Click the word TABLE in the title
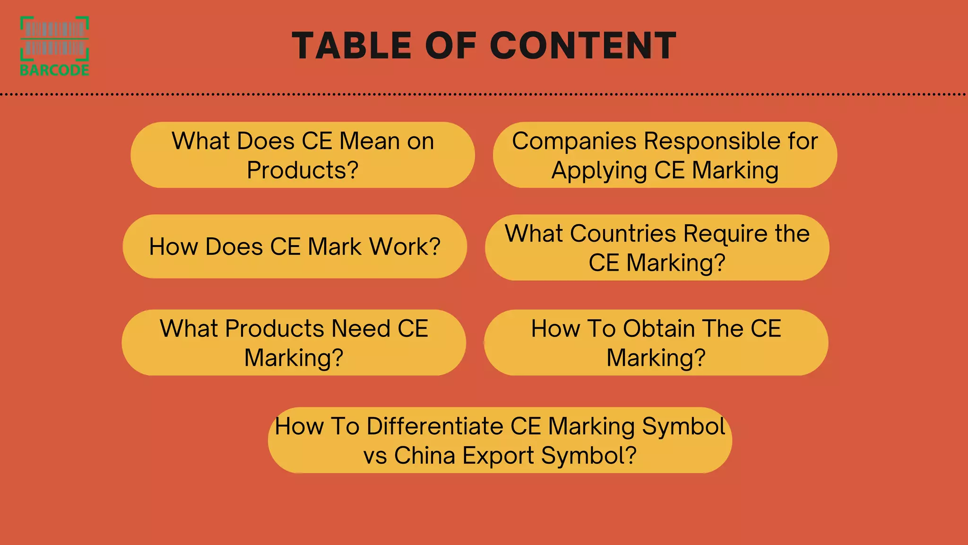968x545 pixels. [352, 46]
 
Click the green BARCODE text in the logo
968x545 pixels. [55, 70]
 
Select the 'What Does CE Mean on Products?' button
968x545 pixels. [302, 155]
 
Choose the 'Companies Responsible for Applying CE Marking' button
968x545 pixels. [665, 155]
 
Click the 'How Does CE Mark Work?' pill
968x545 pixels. [294, 246]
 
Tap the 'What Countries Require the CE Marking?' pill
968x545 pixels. [657, 247]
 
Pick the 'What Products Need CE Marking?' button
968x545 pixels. [294, 343]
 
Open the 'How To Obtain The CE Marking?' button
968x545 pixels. [656, 343]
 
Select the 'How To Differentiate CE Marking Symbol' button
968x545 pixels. [500, 440]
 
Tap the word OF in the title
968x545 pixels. [450, 46]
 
